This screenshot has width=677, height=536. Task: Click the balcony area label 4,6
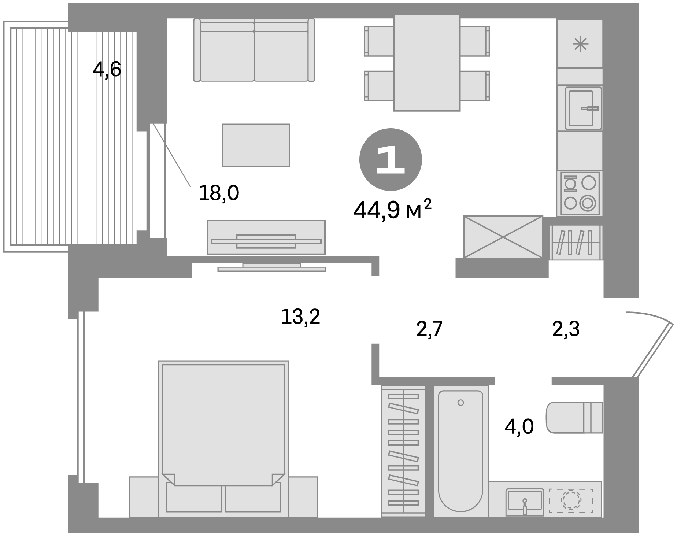pyautogui.click(x=107, y=70)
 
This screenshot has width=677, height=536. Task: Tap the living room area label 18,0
pyautogui.click(x=219, y=193)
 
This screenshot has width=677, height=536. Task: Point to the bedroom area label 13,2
pyautogui.click(x=300, y=317)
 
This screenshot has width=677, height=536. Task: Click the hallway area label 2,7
pyautogui.click(x=430, y=329)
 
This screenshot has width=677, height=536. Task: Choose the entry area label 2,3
pyautogui.click(x=566, y=329)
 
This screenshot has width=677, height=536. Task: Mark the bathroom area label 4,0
pyautogui.click(x=519, y=427)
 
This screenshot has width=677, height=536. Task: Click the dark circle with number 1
pyautogui.click(x=391, y=159)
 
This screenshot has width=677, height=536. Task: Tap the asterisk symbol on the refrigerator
pyautogui.click(x=580, y=45)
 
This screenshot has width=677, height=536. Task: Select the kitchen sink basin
pyautogui.click(x=584, y=108)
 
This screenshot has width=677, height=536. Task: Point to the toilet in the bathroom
pyautogui.click(x=574, y=417)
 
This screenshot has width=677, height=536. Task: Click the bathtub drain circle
pyautogui.click(x=460, y=403)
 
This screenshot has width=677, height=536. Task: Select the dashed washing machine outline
pyautogui.click(x=571, y=500)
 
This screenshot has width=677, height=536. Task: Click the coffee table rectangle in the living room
pyautogui.click(x=256, y=145)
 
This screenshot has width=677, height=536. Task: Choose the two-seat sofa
pyautogui.click(x=254, y=50)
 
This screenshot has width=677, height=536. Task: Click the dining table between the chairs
pyautogui.click(x=427, y=63)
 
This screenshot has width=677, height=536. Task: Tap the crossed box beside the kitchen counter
pyautogui.click(x=503, y=237)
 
